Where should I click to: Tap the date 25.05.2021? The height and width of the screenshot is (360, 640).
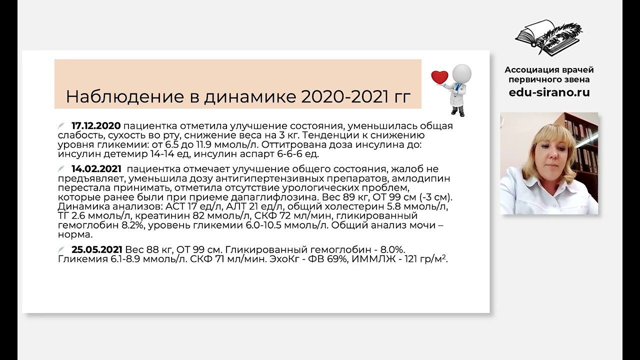[97, 249]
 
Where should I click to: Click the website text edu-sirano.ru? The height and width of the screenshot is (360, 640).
[549, 92]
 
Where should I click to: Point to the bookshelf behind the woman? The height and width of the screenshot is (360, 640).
[582, 145]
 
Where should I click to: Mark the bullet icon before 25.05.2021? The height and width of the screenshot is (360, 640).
[61, 249]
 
